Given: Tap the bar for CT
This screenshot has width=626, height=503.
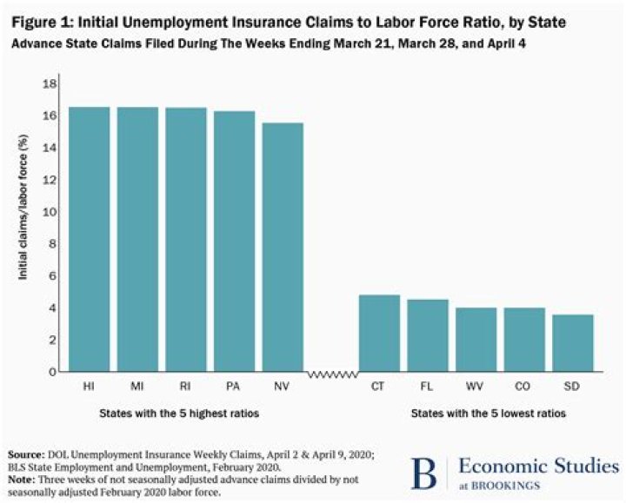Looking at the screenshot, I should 379,334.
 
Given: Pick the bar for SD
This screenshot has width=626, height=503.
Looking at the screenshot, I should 573,343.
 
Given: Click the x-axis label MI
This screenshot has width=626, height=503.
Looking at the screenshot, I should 137,385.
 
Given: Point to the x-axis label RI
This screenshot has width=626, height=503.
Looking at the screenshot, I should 186,385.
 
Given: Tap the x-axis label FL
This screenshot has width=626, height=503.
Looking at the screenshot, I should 428,385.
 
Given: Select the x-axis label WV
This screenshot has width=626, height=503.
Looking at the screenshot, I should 476,385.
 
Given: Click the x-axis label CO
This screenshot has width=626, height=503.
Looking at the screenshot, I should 524,385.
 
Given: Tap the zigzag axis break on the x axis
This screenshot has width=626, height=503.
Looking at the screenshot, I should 331,373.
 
